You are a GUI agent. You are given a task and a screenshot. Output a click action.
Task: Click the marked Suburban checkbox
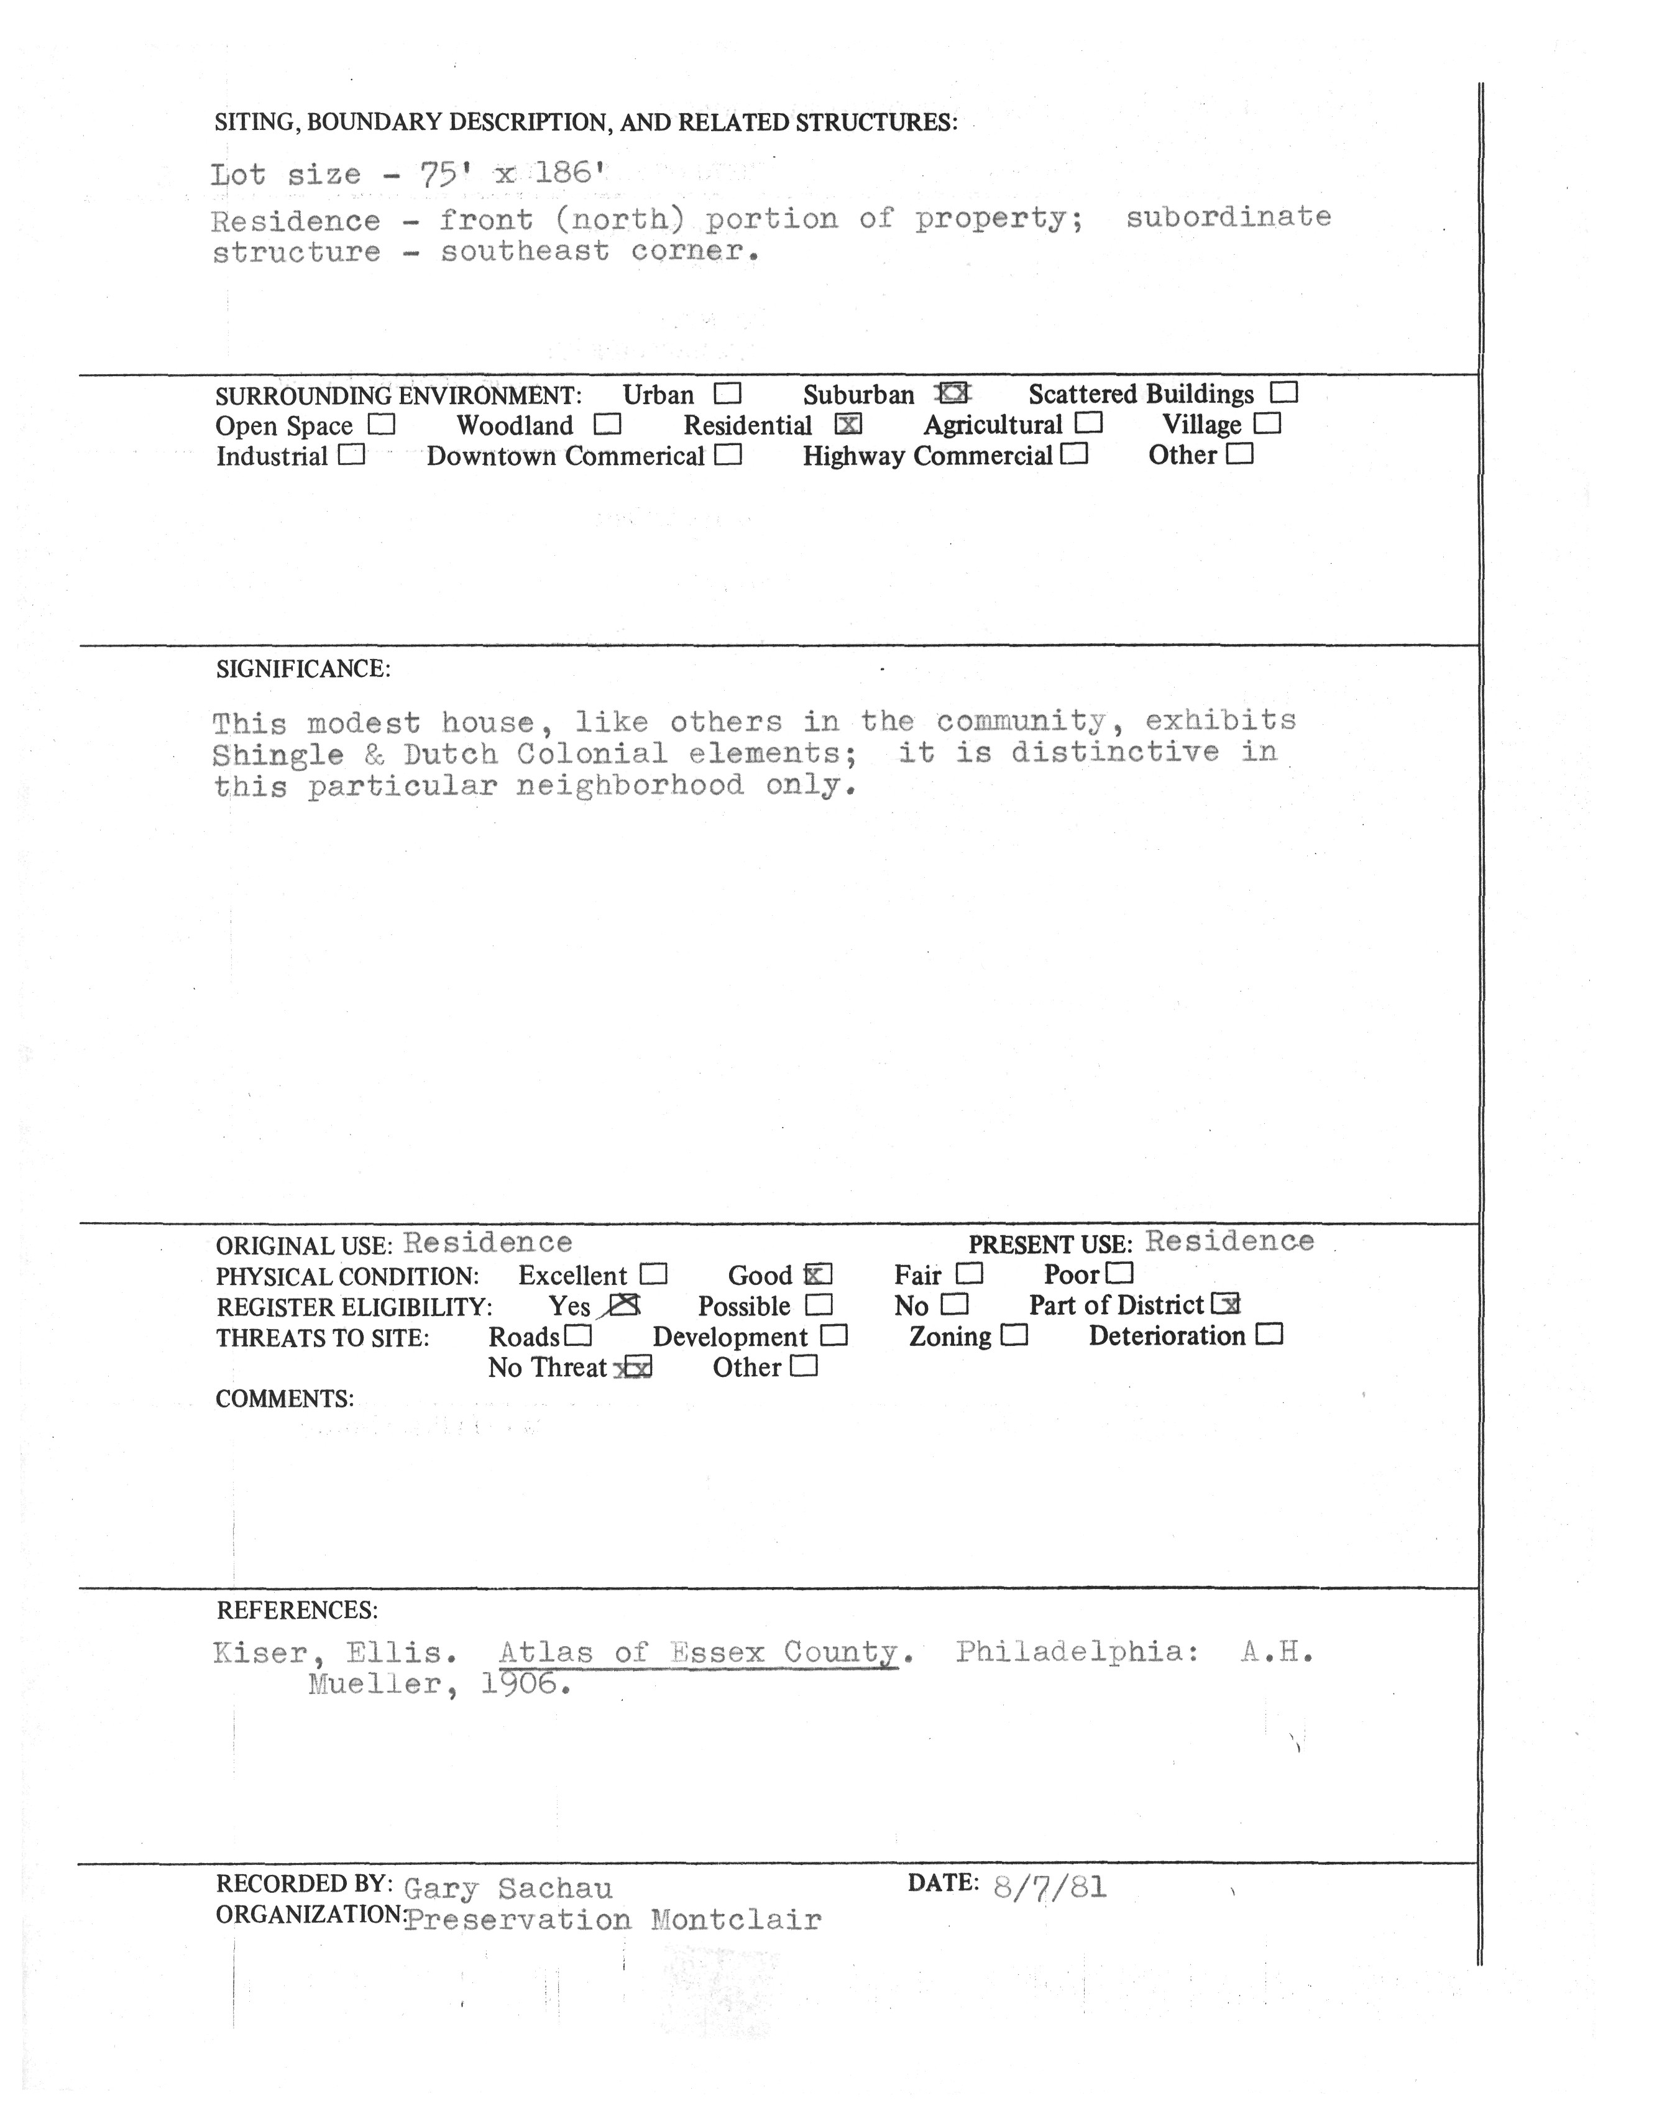[953, 394]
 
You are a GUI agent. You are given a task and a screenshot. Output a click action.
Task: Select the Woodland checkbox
[607, 425]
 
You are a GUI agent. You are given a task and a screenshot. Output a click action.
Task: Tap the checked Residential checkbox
[849, 425]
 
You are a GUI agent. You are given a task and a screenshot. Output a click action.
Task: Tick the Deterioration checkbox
[1270, 1335]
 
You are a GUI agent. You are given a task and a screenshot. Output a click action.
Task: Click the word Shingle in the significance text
[278, 755]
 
